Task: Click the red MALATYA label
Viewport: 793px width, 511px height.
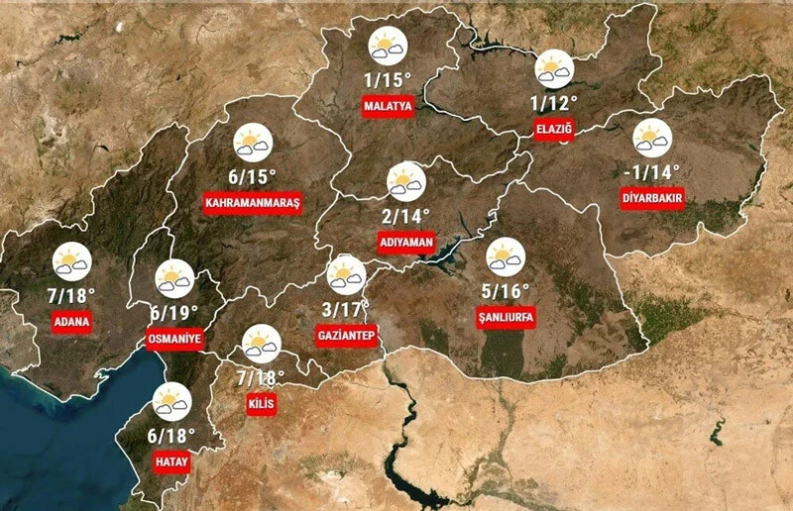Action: pyautogui.click(x=388, y=106)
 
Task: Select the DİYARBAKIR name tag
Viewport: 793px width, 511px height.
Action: pyautogui.click(x=653, y=198)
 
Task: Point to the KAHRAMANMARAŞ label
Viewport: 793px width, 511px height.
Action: pyautogui.click(x=252, y=202)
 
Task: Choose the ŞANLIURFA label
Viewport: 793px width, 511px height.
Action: pyautogui.click(x=507, y=317)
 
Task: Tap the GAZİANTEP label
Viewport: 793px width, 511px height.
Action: pyautogui.click(x=346, y=335)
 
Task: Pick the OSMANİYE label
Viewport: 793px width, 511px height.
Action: pyautogui.click(x=174, y=340)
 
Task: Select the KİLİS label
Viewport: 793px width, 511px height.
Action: pyautogui.click(x=261, y=404)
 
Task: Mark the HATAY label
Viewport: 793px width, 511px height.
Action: pyautogui.click(x=171, y=462)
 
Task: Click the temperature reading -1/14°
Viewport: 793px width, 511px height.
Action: pyautogui.click(x=653, y=172)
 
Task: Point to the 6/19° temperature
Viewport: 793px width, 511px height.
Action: pyautogui.click(x=174, y=312)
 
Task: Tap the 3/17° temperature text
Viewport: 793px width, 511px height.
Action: pyautogui.click(x=346, y=308)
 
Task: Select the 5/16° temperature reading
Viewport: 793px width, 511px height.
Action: pyautogui.click(x=507, y=290)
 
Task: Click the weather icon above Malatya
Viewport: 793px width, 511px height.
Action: pyautogui.click(x=387, y=48)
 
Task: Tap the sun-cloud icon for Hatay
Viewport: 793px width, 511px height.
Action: pyautogui.click(x=171, y=401)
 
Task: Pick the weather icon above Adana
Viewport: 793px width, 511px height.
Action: pyautogui.click(x=72, y=261)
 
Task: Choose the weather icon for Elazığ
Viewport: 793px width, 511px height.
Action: pyautogui.click(x=554, y=68)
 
